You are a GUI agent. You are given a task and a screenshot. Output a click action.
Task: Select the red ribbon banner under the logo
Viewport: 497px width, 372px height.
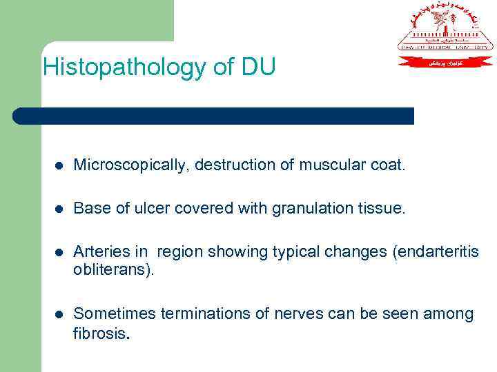(445, 62)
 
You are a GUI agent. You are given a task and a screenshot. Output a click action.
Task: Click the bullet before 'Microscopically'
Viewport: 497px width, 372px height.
(60, 166)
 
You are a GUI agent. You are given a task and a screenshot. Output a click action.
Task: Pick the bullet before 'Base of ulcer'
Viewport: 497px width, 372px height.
(60, 209)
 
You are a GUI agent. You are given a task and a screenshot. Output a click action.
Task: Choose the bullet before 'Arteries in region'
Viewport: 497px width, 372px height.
(60, 252)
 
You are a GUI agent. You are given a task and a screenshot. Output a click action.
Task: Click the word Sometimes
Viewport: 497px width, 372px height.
(114, 314)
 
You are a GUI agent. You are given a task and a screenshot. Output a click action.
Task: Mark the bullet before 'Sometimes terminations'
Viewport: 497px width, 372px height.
(60, 315)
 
